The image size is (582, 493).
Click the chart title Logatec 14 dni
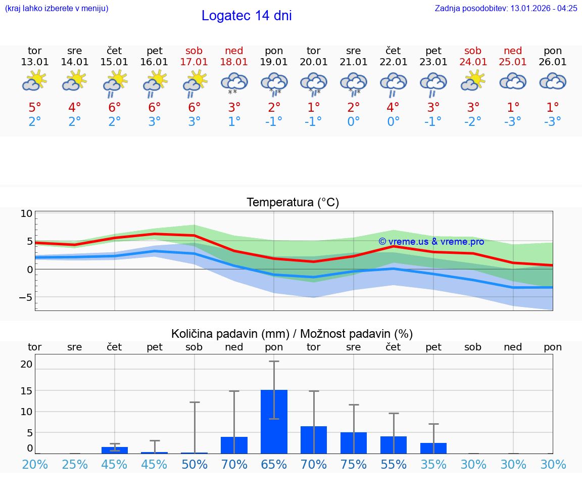point(247,16)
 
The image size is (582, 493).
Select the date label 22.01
point(393,62)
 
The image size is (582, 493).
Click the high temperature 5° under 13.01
point(34,108)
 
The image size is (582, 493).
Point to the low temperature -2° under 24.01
point(473,122)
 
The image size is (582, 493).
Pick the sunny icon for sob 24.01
point(473,81)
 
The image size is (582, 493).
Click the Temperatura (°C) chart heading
point(293,203)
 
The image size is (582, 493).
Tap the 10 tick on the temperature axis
point(26,213)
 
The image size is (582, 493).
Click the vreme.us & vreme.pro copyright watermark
point(431,242)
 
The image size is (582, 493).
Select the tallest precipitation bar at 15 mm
point(274,421)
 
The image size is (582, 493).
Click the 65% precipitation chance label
point(274,464)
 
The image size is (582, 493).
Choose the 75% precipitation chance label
point(354,464)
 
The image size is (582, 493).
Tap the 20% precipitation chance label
point(34,464)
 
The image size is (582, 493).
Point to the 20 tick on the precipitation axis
point(26,364)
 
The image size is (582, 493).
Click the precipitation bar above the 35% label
point(433,448)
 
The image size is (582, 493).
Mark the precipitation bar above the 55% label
point(394,445)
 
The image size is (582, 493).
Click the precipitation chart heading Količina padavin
point(292,334)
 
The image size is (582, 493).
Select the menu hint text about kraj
point(57,8)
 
